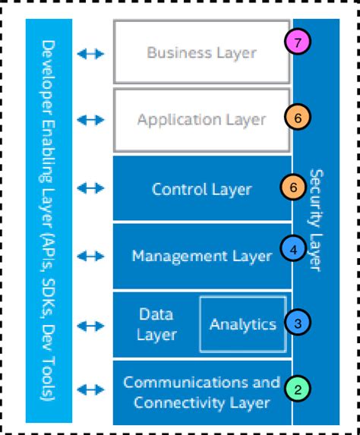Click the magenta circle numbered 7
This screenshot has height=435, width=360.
pos(298,44)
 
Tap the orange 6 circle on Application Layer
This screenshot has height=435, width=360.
pos(298,118)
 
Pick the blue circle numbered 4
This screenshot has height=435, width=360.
pos(292,247)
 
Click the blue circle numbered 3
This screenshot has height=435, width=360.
pos(297,323)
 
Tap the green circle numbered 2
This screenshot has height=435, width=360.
pos(297,389)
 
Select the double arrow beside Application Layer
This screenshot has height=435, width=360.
pos(91,120)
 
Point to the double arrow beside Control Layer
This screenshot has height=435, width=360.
pos(91,189)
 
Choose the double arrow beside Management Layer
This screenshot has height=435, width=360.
pos(91,256)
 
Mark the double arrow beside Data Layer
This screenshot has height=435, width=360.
pos(91,325)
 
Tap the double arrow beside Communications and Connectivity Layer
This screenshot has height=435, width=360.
pos(91,390)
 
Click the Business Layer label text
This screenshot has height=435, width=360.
pos(201,53)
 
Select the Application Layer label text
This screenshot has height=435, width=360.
pos(201,120)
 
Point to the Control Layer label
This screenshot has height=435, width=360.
pos(201,189)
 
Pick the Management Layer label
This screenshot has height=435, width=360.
pos(201,256)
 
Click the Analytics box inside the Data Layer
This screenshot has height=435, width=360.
pos(242,325)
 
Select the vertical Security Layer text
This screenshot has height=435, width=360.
pos(317,219)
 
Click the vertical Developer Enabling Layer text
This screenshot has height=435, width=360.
pos(49,220)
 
